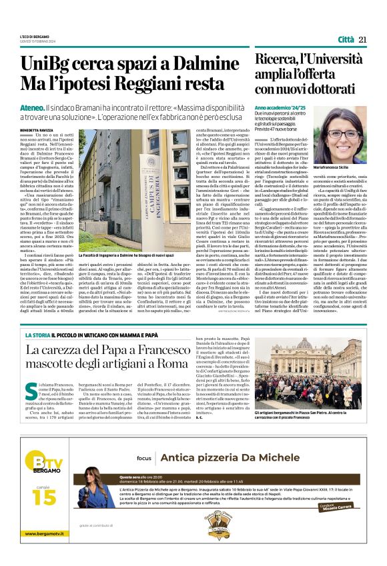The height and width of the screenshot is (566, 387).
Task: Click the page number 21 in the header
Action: [363, 39]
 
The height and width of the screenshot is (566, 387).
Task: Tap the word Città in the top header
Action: [346, 39]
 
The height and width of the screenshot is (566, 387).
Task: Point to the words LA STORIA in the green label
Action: [39, 334]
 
